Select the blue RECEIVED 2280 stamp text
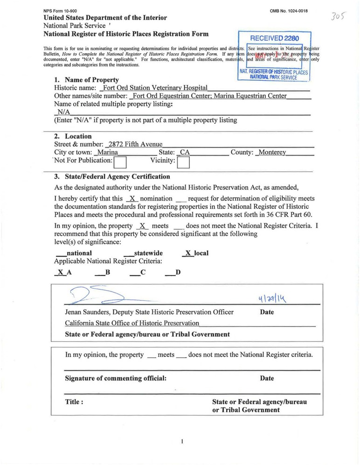coord(275,38)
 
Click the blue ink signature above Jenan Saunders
coord(100,295)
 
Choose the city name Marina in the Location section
coord(106,153)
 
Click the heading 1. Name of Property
coord(86,80)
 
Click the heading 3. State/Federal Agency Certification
coord(112,177)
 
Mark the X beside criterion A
coord(60,272)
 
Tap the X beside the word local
coord(188,253)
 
